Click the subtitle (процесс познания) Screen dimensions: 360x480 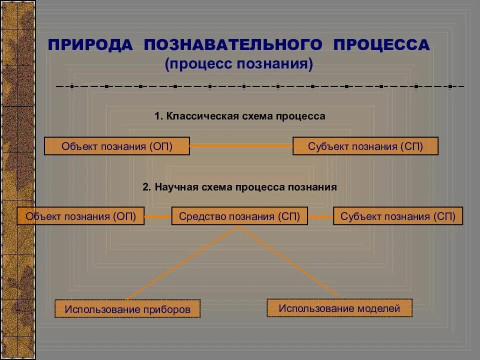[239, 64]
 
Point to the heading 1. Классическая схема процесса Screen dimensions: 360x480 [240, 116]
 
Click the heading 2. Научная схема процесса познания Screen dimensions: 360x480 [240, 187]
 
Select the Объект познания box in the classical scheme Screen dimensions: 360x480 [117, 146]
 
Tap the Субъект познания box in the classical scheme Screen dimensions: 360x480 [365, 146]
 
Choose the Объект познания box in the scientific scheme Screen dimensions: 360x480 [80, 216]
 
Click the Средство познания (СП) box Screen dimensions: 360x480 [239, 216]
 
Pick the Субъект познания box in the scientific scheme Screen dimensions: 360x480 [398, 216]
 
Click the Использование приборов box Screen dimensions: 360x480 [127, 309]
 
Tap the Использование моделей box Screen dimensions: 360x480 [339, 308]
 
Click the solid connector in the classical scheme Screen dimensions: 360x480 [241, 146]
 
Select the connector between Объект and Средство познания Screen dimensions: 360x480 [158, 216]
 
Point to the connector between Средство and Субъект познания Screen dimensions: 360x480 [320, 216]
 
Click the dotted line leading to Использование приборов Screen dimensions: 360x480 [182, 262]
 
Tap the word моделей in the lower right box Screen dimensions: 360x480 [378, 308]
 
